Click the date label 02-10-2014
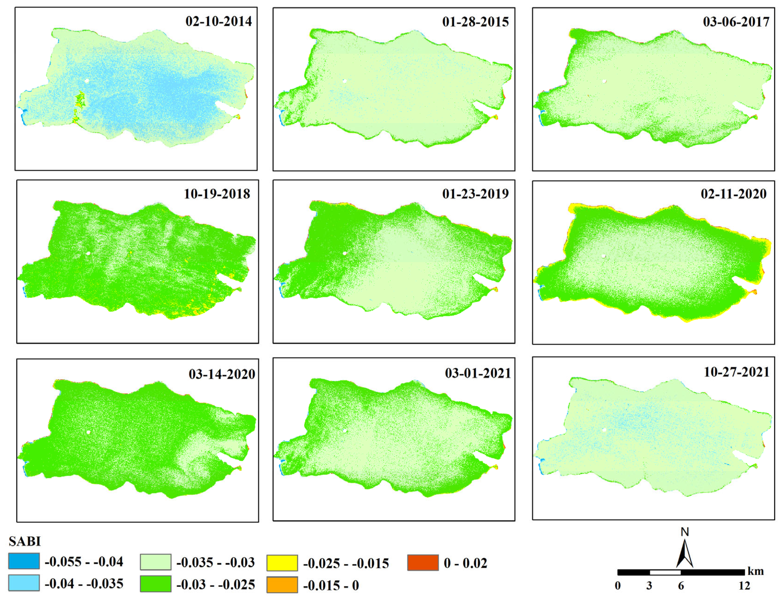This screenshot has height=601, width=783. pyautogui.click(x=218, y=21)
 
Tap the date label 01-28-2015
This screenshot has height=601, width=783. pyautogui.click(x=475, y=22)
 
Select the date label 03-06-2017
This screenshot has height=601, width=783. pyautogui.click(x=736, y=22)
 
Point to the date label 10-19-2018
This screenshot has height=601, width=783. pyautogui.click(x=217, y=194)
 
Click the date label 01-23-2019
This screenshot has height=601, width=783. pyautogui.click(x=475, y=194)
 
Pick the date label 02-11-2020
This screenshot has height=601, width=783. pyautogui.click(x=733, y=194)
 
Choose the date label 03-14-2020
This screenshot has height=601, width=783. pyautogui.click(x=222, y=374)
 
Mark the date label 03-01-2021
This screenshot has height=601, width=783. pyautogui.click(x=478, y=373)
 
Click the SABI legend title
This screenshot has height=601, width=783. pyautogui.click(x=25, y=541)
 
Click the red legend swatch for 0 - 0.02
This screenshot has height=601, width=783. pyautogui.click(x=423, y=563)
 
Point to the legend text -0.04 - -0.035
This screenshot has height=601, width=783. pyautogui.click(x=84, y=584)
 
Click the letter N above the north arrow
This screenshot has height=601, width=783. pyautogui.click(x=684, y=532)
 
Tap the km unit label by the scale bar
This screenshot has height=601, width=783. pyautogui.click(x=755, y=571)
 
